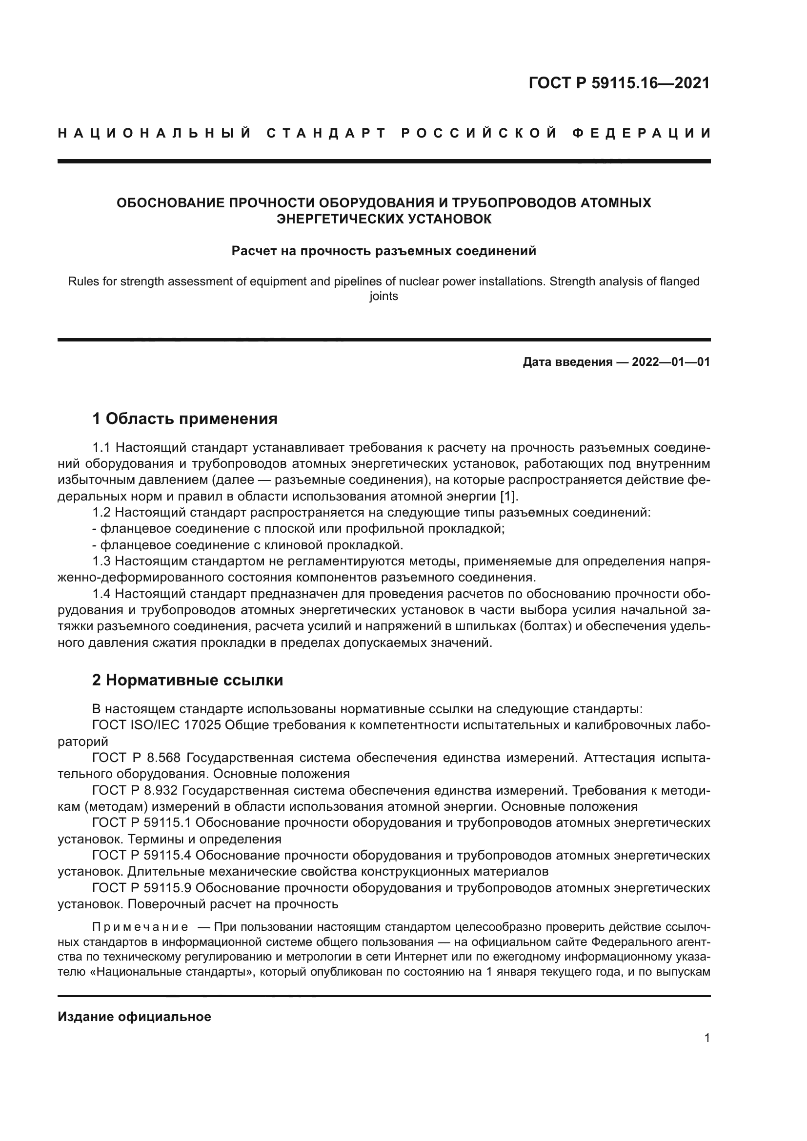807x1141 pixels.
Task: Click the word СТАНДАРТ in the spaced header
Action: click(x=326, y=133)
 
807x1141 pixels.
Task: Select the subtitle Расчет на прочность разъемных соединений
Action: click(x=383, y=251)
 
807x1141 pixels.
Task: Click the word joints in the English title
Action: click(x=383, y=297)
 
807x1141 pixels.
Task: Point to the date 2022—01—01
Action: click(x=670, y=362)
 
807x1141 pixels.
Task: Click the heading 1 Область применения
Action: click(x=185, y=419)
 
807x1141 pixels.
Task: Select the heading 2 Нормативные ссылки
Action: click(x=187, y=680)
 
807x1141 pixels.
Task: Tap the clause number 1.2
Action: click(x=102, y=512)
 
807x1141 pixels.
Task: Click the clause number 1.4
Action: click(x=102, y=594)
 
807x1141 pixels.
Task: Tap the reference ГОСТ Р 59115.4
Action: click(x=141, y=855)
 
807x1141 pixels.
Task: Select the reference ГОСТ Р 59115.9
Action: click(x=141, y=888)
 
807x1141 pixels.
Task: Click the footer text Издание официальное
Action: click(x=134, y=1017)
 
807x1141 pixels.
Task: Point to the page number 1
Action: click(x=706, y=1038)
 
